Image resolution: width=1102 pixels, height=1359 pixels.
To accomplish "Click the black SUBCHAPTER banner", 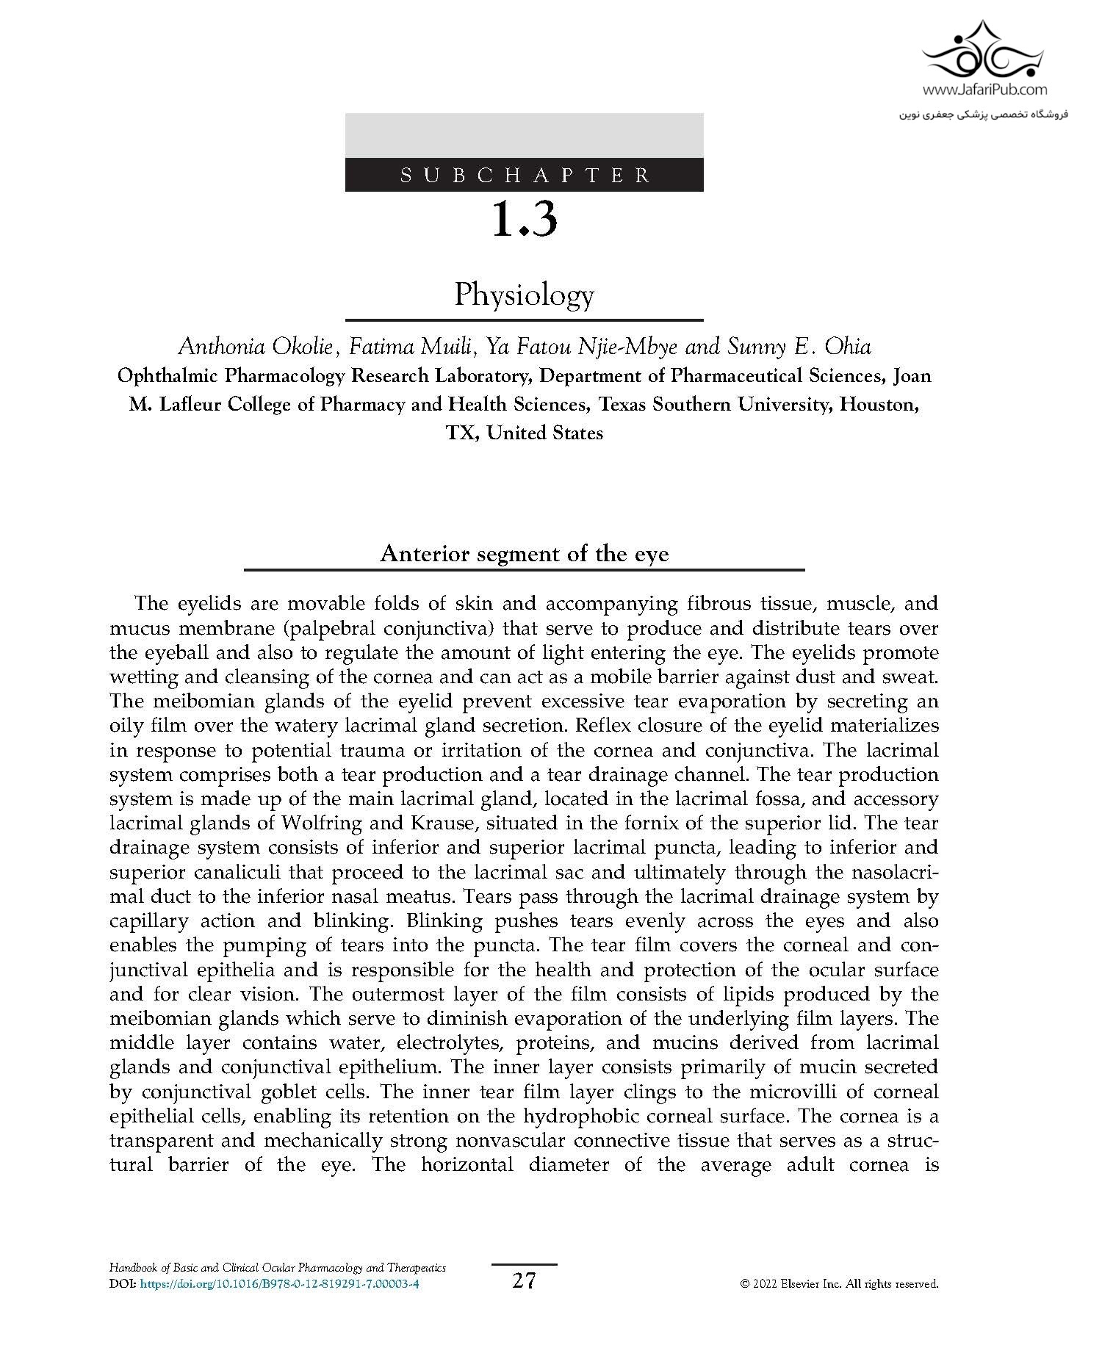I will [x=524, y=175].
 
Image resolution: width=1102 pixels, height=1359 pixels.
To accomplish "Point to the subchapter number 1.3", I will [x=524, y=219].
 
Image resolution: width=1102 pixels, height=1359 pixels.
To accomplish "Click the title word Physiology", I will [x=524, y=295].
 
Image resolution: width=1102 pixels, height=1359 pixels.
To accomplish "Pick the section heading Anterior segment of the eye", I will [x=524, y=553].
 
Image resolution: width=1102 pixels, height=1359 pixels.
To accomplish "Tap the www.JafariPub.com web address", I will [x=984, y=90].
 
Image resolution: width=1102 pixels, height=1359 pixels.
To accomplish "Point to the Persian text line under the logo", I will [x=984, y=115].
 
